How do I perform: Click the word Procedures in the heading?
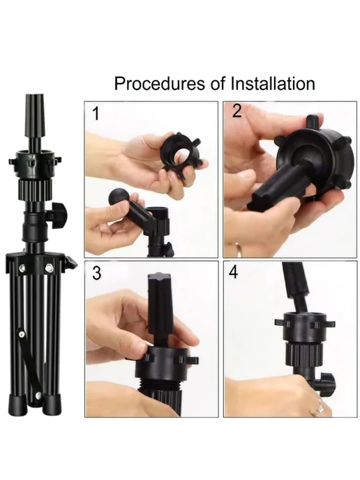click(x=160, y=84)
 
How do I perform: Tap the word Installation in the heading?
click(x=273, y=84)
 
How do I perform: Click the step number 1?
click(x=96, y=113)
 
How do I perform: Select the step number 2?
click(x=237, y=111)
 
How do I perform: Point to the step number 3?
click(x=96, y=273)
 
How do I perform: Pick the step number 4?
click(x=233, y=272)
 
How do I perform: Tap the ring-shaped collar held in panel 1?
click(x=180, y=151)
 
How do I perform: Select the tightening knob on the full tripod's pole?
click(x=59, y=215)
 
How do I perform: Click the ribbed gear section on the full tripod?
click(x=36, y=189)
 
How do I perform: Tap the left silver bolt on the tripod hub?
click(x=22, y=268)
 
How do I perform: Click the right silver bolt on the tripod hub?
click(x=49, y=269)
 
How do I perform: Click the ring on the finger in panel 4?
click(x=319, y=407)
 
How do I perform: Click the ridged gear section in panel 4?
click(x=304, y=354)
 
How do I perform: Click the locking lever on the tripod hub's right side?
click(x=70, y=262)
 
